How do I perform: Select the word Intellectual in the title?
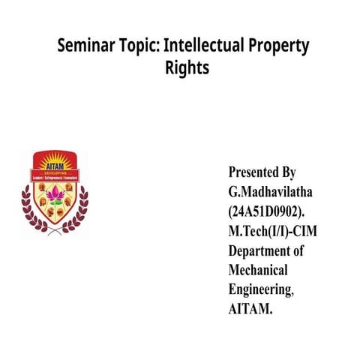click(205, 46)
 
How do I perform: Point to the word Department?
click(259, 250)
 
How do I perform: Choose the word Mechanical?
click(258, 269)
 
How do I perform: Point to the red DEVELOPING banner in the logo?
click(55, 175)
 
